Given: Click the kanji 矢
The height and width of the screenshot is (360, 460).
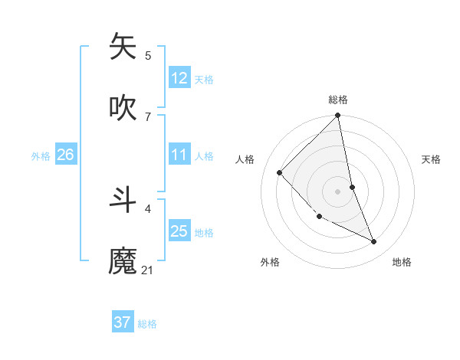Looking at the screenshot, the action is coord(123,45).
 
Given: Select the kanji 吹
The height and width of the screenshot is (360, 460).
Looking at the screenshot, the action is coord(123,107).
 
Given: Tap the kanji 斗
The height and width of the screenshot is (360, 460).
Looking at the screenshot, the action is coord(123,198).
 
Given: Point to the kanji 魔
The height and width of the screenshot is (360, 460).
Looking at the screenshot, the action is coord(123,260).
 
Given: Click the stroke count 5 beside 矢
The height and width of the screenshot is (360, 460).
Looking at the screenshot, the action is coord(148,55).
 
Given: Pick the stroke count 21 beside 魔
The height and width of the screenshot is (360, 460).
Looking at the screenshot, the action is coord(148,270).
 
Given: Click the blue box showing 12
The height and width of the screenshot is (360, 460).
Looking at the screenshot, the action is coord(179,78).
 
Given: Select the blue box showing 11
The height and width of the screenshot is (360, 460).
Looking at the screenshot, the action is coord(179,155).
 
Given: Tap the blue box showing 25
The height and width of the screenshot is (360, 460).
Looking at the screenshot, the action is coord(179,231).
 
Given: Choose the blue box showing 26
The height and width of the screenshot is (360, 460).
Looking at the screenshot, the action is coord(65,155).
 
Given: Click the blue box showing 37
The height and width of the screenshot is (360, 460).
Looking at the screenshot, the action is coord(122,322).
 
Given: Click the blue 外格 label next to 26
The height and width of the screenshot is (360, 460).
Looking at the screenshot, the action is coord(41,156).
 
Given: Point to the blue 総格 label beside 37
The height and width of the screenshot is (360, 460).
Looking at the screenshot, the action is coord(147,324).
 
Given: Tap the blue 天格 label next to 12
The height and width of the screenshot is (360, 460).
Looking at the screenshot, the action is coord(204,80).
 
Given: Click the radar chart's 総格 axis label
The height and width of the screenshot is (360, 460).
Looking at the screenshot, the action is coord(338,100).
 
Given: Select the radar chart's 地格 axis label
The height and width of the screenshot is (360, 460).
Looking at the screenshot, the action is coord(402,262).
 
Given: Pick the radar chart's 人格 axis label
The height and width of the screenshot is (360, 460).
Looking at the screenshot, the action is coord(245,159).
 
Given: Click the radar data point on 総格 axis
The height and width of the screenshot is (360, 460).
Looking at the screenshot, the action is coord(338,116).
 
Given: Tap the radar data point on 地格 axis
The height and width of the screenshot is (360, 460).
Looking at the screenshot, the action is coord(374,241).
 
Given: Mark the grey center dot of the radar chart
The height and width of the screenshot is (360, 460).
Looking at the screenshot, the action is coord(338,191).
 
